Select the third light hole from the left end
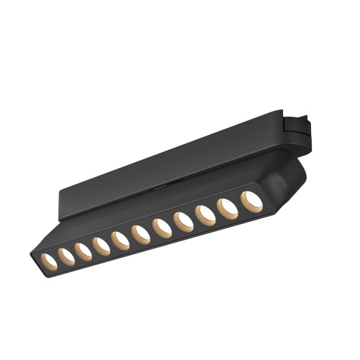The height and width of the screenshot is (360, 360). [82, 250]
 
